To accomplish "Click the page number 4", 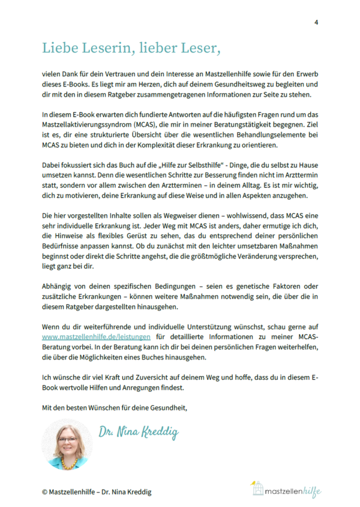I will (x=316, y=22).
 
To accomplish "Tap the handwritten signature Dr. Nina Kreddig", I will (x=139, y=432).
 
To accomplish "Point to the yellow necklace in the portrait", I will (x=68, y=458).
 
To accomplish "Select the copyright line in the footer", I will (x=97, y=491).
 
